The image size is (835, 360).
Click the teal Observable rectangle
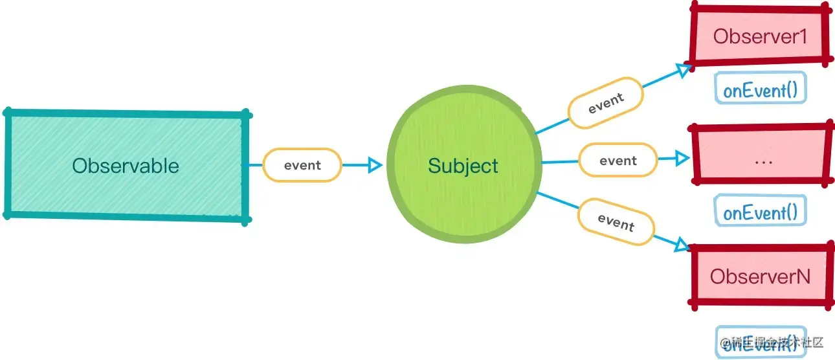[x=126, y=166]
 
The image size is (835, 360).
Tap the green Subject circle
[x=463, y=166]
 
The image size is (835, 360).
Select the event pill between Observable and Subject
[x=302, y=165]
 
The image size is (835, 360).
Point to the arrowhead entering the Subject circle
[x=374, y=166]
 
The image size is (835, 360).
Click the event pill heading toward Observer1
[x=605, y=103]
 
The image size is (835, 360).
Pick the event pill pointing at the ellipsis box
[x=618, y=161]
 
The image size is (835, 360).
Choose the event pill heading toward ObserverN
[x=616, y=223]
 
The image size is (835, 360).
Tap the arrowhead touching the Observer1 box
[x=683, y=70]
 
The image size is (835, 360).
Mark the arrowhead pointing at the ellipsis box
[x=681, y=157]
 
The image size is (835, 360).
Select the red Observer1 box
[x=759, y=36]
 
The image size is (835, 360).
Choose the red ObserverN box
[x=760, y=276]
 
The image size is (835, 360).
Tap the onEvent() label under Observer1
[x=760, y=89]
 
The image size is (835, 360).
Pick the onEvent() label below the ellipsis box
[x=760, y=211]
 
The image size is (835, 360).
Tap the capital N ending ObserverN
[x=801, y=276]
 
